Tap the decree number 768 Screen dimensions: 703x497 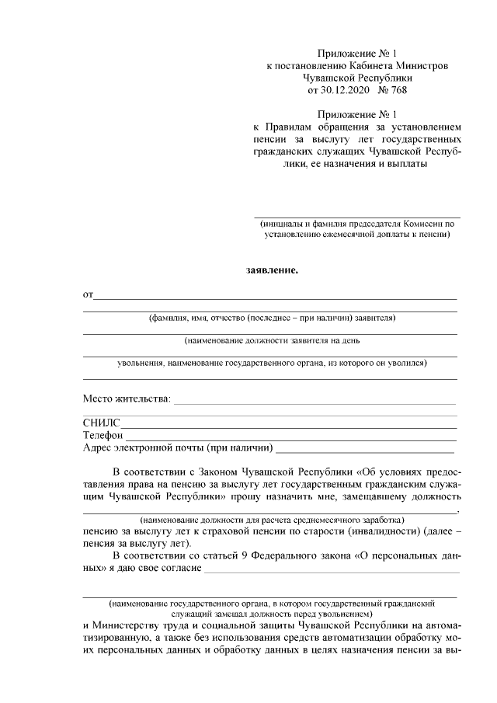click(x=396, y=90)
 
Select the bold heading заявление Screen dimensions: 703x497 click(x=272, y=271)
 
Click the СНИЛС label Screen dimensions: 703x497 click(x=101, y=423)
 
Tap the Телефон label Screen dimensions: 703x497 click(x=104, y=435)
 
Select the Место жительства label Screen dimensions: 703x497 click(x=126, y=399)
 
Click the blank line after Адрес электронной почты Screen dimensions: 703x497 click(x=365, y=448)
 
